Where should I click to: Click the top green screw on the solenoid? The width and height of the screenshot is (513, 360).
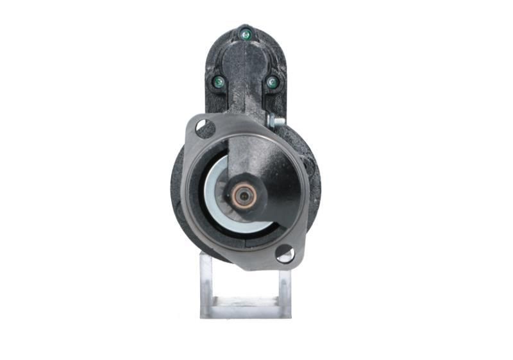[244, 33]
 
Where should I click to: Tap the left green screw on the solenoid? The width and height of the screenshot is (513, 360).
[219, 81]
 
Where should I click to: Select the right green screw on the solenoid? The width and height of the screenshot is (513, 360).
[272, 82]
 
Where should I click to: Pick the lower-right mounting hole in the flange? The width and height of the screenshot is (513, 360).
[285, 254]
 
